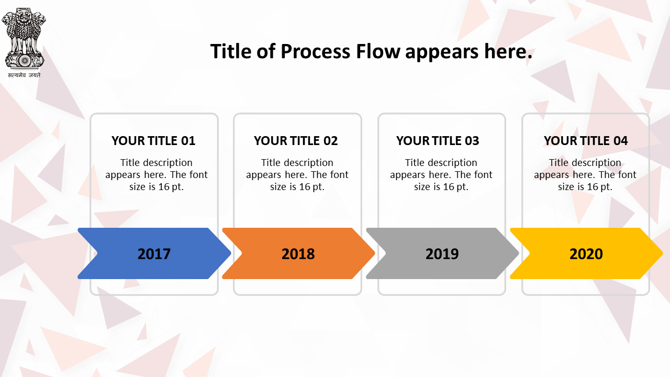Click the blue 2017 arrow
(154, 253)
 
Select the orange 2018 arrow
(298, 253)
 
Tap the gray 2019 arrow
(442, 253)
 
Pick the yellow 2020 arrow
(586, 253)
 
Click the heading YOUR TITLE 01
(153, 141)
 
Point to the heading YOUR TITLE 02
(296, 141)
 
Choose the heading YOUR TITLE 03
(438, 141)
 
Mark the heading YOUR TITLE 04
(586, 141)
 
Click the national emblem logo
(24, 38)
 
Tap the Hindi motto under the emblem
(24, 75)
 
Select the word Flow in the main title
(378, 51)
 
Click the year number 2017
(154, 254)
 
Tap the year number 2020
(586, 254)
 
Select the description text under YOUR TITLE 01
(157, 175)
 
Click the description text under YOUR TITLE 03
(441, 175)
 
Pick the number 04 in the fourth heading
(621, 141)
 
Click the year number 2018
(298, 254)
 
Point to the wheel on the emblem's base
(25, 61)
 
